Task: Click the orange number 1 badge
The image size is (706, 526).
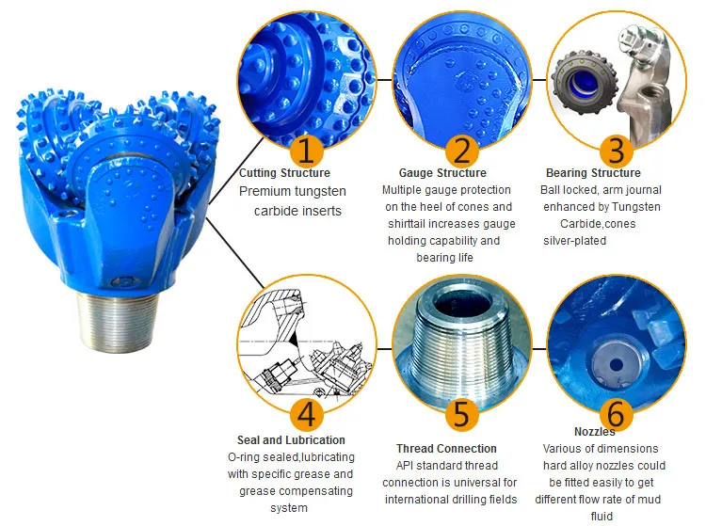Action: [307, 151]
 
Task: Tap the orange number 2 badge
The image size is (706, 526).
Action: [461, 151]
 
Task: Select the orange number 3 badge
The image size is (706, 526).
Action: [617, 151]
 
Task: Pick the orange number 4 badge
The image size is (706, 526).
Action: [307, 414]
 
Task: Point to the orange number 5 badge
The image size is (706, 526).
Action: [461, 414]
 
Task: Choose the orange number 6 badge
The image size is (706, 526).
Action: [617, 414]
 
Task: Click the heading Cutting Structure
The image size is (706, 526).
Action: [284, 173]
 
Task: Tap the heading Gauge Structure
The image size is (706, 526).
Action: [442, 173]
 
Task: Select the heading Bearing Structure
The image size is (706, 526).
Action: [593, 173]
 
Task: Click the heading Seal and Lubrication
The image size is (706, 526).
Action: [291, 440]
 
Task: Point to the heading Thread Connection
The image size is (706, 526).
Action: [446, 449]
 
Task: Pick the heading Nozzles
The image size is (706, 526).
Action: [594, 432]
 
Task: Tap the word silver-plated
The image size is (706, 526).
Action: [574, 241]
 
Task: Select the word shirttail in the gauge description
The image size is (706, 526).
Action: [408, 224]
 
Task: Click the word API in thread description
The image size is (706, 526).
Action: [406, 466]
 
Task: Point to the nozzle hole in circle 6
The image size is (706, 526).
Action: [616, 365]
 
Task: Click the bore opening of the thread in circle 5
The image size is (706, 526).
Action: [460, 306]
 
